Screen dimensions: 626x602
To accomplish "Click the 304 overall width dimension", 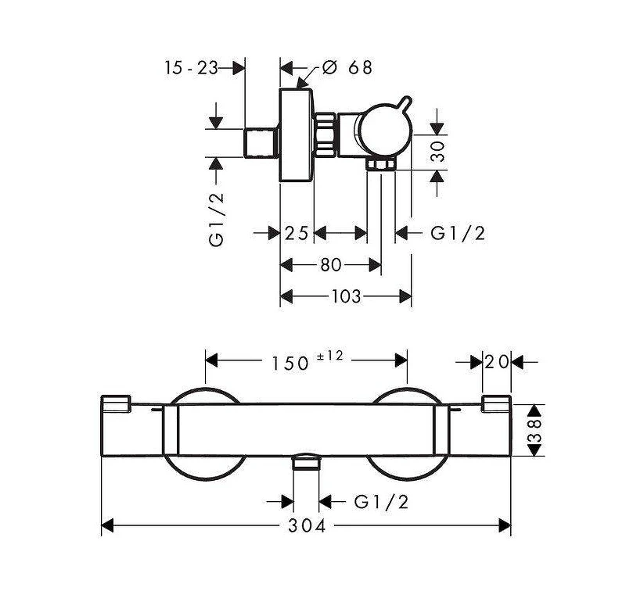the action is click(307, 525).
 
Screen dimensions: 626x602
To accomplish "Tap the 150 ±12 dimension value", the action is click(307, 360).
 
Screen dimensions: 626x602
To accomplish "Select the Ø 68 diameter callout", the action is click(347, 67).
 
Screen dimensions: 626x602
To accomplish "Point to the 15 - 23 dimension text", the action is click(191, 68).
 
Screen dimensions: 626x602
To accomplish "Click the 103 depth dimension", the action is click(346, 296).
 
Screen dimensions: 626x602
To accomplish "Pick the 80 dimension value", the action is click(331, 264).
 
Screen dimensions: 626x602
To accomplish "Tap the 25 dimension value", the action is click(297, 233).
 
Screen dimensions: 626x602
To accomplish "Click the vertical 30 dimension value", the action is click(438, 151).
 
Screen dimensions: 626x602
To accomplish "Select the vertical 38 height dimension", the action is click(535, 430).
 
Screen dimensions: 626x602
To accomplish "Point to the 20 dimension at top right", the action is click(497, 362).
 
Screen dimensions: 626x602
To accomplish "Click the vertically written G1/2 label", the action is click(217, 220).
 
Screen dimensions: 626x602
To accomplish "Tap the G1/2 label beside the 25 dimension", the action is click(458, 233).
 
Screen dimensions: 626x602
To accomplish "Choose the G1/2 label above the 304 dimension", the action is click(381, 501).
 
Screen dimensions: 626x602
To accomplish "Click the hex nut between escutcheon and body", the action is click(325, 134).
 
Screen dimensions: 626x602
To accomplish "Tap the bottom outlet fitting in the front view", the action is click(306, 462).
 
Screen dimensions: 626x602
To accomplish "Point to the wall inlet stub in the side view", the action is click(261, 143).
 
